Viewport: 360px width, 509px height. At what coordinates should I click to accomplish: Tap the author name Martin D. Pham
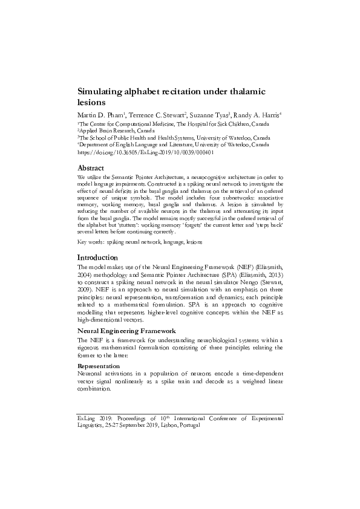(100, 115)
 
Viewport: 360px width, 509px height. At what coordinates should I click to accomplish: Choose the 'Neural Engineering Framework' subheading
(126, 331)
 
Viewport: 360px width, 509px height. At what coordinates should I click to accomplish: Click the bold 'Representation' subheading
(99, 366)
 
